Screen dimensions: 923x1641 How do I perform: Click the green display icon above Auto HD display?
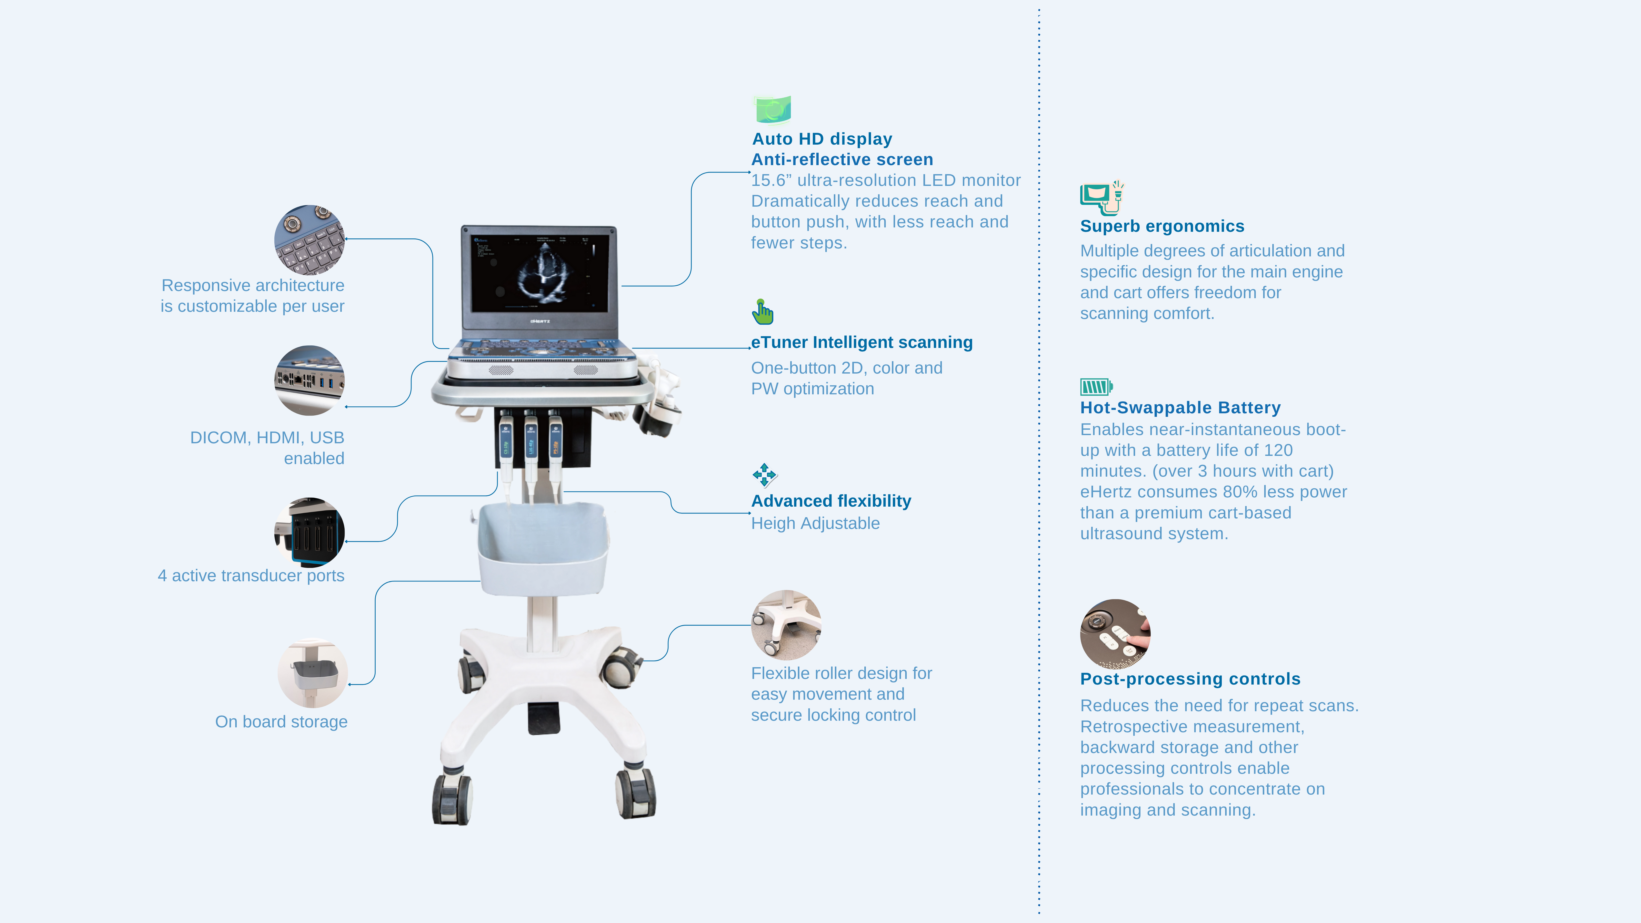tap(773, 109)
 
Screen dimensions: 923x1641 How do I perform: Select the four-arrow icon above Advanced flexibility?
tap(764, 475)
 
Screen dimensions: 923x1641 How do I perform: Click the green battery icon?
tap(1096, 387)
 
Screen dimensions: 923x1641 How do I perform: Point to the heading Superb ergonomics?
tap(1162, 226)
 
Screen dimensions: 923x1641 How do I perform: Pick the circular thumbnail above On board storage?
tap(312, 673)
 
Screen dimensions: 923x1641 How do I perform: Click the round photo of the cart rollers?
tap(786, 625)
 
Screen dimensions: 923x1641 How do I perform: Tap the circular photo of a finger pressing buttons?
tap(1115, 634)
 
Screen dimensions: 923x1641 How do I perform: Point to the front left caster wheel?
tap(452, 799)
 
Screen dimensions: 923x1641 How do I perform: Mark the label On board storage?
tap(281, 722)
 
